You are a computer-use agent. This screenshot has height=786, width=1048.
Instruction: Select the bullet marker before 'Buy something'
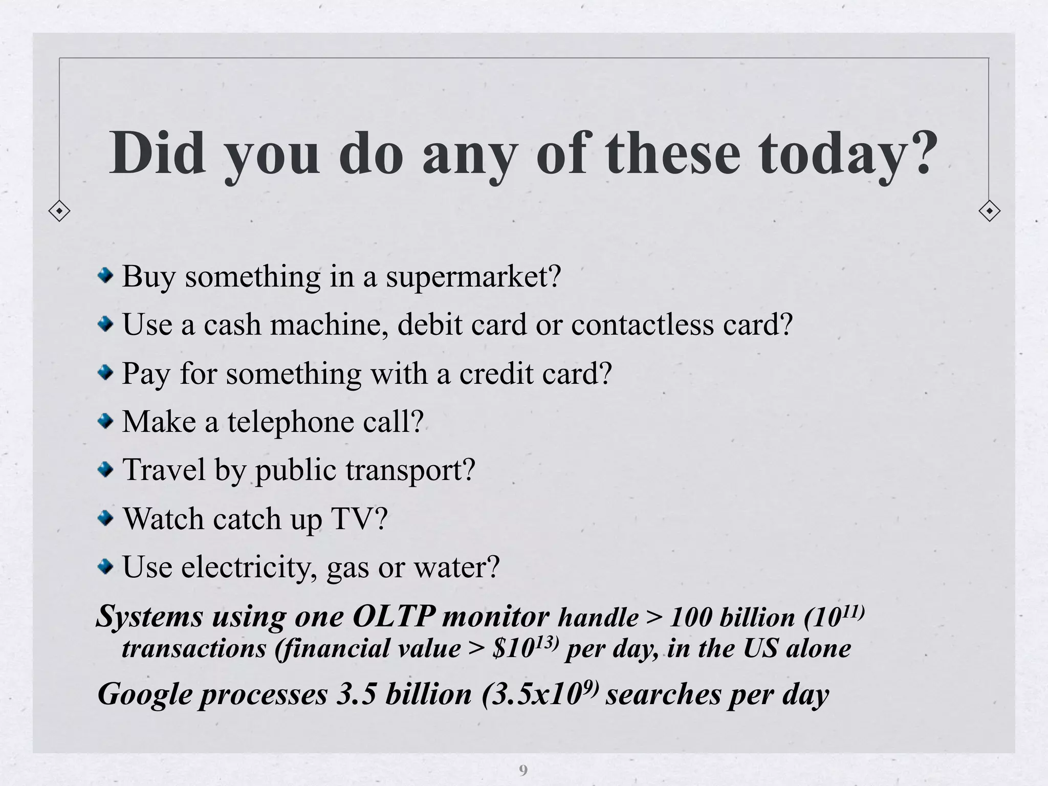(106, 276)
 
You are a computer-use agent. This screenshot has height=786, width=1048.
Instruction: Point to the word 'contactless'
(642, 324)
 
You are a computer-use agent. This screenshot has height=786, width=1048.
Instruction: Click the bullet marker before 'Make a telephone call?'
(106, 422)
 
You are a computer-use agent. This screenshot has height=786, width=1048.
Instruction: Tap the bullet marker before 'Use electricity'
(106, 566)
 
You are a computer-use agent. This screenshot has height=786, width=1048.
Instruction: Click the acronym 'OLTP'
(394, 616)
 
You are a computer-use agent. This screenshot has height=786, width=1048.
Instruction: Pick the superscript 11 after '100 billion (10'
(849, 611)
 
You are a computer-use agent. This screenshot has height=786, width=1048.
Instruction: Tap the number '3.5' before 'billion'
(356, 694)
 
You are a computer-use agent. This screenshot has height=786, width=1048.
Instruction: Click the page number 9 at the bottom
(523, 770)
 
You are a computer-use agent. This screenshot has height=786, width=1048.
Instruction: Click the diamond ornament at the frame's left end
(59, 211)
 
